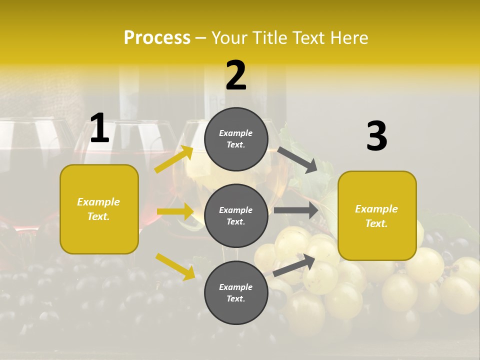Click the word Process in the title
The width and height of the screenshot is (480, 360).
157,38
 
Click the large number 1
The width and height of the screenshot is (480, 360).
99,128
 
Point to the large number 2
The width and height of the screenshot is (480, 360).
236,76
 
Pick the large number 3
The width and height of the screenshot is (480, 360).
377,136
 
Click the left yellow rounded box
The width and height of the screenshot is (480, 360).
99,209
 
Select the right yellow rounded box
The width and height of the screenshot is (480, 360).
377,216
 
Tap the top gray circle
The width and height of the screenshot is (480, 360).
236,139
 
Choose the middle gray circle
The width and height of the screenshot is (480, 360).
236,216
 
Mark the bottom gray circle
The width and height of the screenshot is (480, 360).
236,293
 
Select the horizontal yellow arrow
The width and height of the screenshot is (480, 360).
175,211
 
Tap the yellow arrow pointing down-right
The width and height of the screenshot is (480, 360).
175,266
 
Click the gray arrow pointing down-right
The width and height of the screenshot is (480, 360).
297,160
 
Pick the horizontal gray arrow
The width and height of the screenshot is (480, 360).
296,210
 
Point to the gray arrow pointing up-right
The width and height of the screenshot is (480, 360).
294,265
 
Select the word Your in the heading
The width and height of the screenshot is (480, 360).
229,38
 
